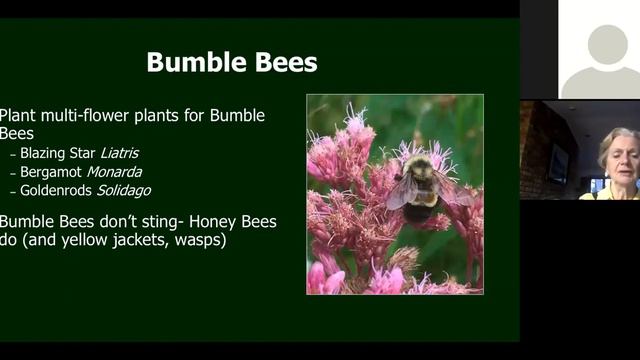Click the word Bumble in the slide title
(191, 62)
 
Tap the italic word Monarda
(114, 172)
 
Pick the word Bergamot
(51, 172)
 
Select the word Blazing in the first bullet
(44, 154)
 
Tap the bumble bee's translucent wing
(400, 190)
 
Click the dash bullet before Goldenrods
(13, 190)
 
